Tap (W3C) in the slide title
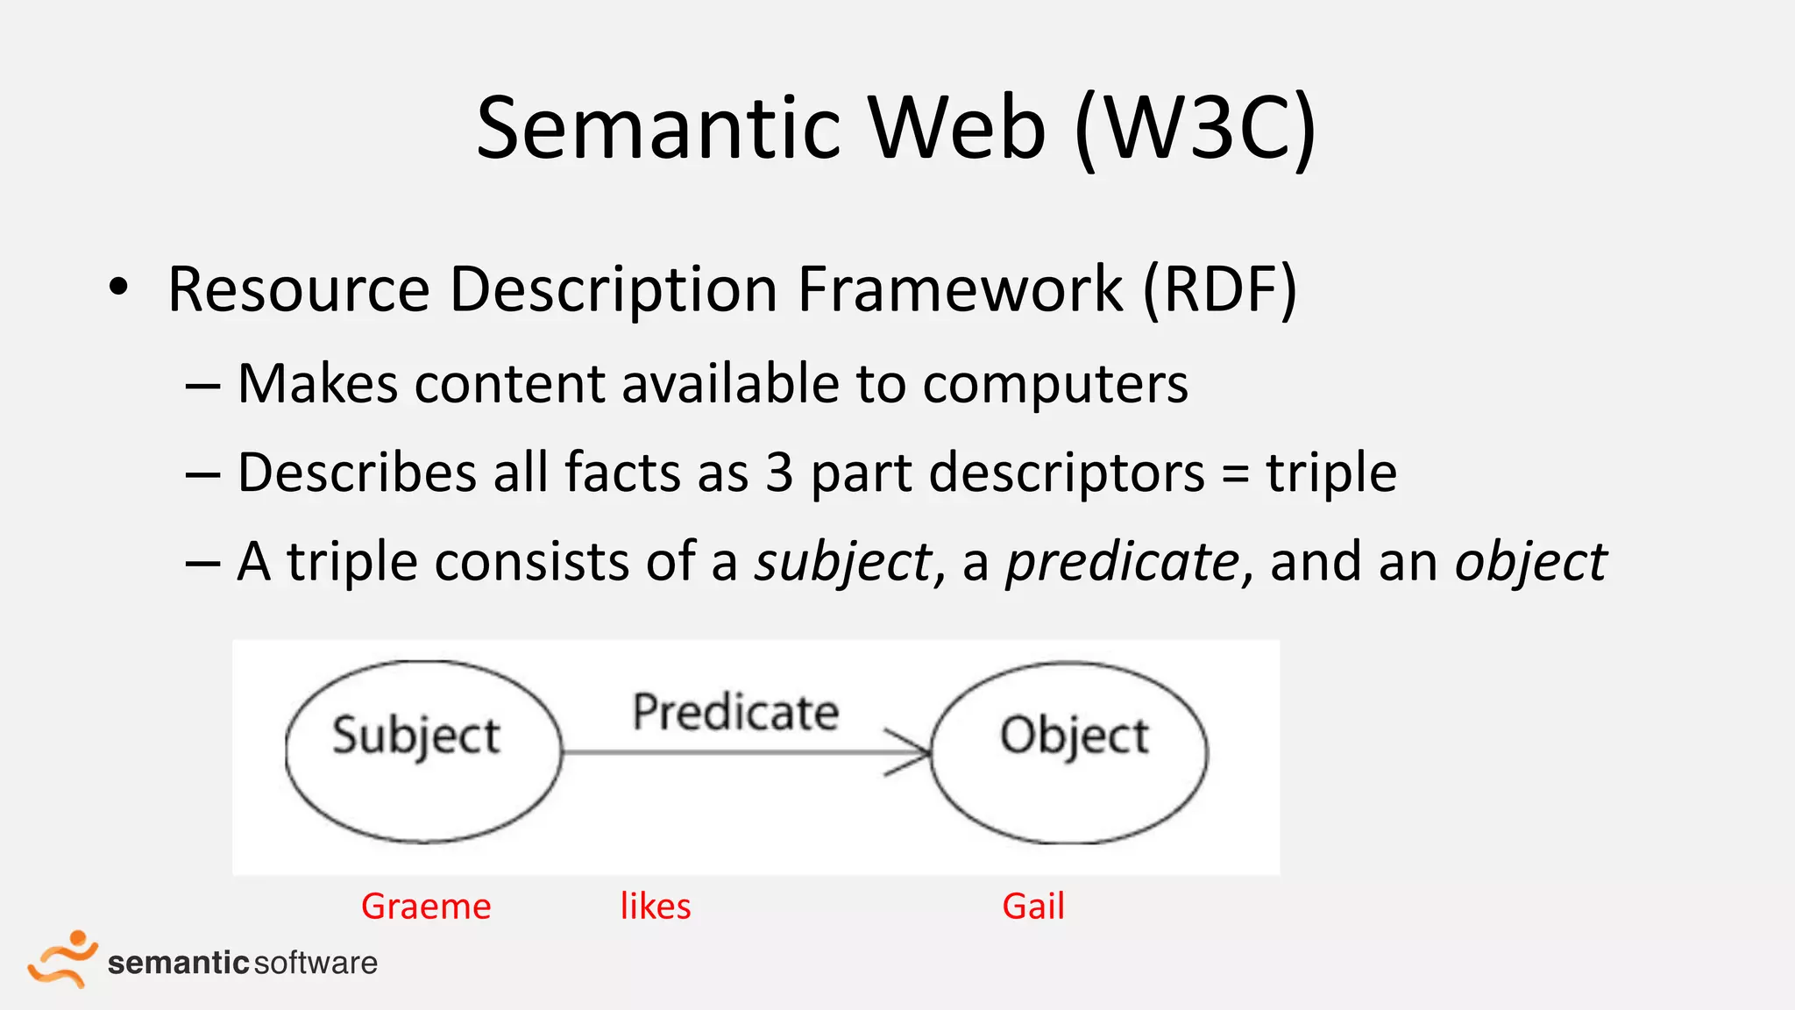click(x=1195, y=129)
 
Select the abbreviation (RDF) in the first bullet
click(x=1219, y=289)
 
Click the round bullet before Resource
click(x=118, y=288)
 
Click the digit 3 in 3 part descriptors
click(x=778, y=473)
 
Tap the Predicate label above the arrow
click(x=735, y=712)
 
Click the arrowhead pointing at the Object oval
click(x=912, y=752)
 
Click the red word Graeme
click(x=426, y=907)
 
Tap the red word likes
click(x=656, y=907)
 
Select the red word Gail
click(x=1033, y=907)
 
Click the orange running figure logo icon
click(x=61, y=959)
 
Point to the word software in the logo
click(x=316, y=963)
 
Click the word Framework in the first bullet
click(x=960, y=289)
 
